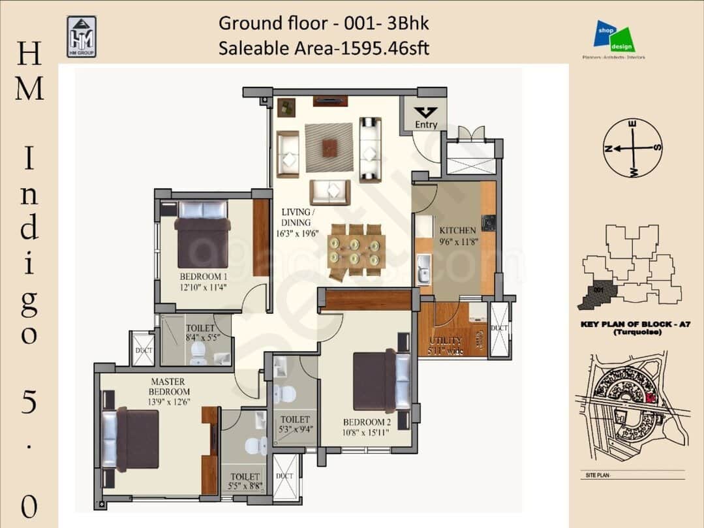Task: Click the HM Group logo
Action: (x=81, y=37)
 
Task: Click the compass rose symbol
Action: (x=632, y=148)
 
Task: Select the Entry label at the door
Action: (x=426, y=124)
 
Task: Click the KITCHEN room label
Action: (x=457, y=230)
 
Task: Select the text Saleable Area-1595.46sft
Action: (x=324, y=48)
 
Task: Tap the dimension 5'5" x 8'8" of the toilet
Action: (x=245, y=486)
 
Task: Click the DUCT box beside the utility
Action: (x=500, y=329)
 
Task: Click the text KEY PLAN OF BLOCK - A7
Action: (x=632, y=324)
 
